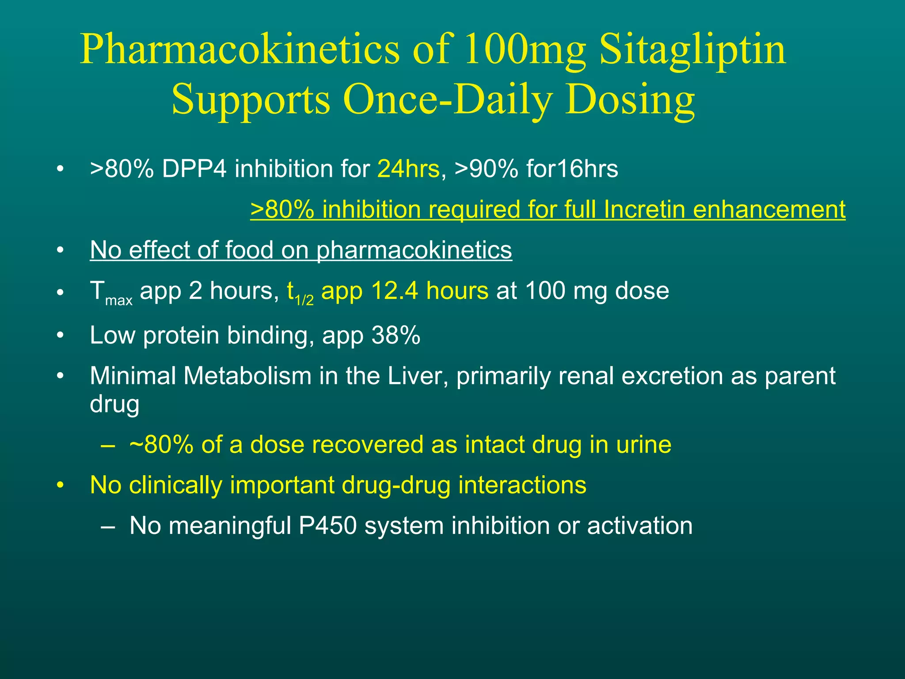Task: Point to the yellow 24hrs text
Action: tap(408, 169)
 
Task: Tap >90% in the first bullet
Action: tap(486, 169)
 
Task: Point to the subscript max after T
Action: tap(119, 301)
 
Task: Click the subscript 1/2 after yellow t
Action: tap(304, 301)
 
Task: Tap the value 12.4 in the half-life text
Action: tap(395, 291)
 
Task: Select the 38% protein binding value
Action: tap(396, 336)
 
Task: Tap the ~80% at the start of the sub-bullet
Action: tap(161, 445)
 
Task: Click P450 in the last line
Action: tap(327, 526)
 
